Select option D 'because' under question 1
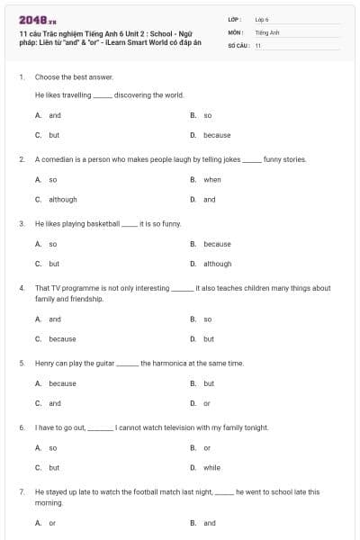click(217, 135)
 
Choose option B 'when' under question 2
click(211, 179)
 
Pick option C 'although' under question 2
click(62, 199)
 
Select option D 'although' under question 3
click(217, 264)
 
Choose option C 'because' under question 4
click(62, 339)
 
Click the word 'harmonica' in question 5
click(171, 363)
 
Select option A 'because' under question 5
click(62, 383)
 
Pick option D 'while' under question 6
click(211, 468)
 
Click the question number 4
click(21, 288)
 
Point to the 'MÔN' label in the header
click(235, 31)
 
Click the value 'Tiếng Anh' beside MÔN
click(266, 31)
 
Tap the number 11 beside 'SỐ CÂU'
click(258, 45)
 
